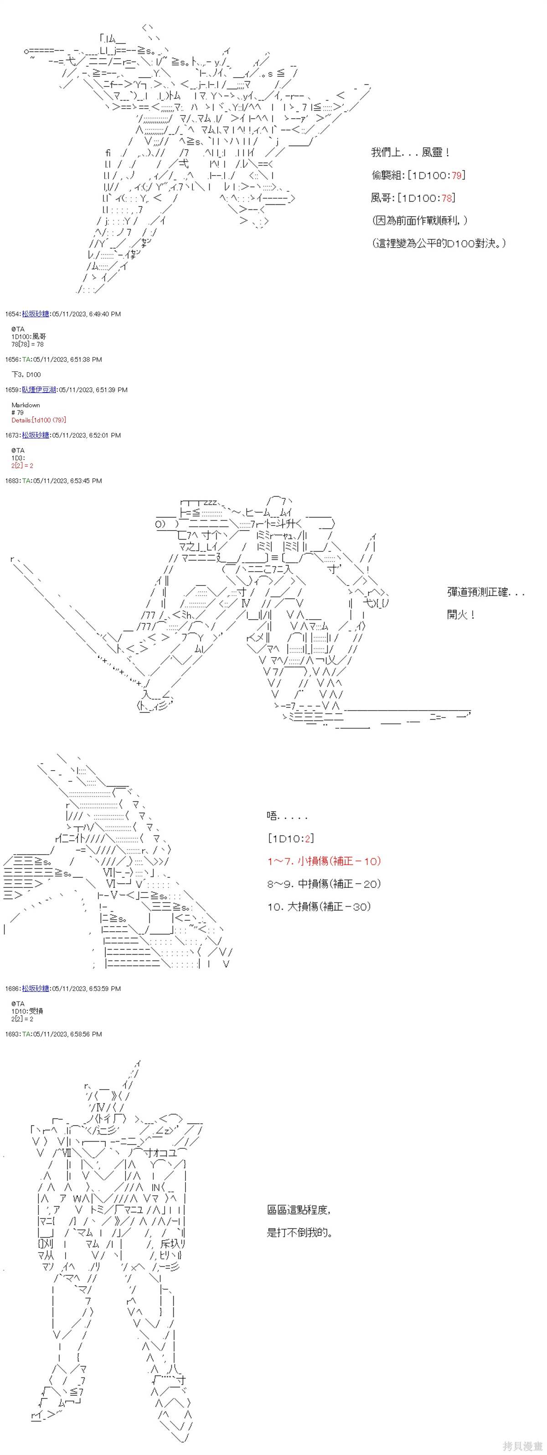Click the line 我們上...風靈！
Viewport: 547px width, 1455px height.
click(x=410, y=152)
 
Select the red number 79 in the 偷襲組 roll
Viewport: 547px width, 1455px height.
click(x=457, y=175)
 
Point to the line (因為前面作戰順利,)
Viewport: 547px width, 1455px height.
click(x=419, y=220)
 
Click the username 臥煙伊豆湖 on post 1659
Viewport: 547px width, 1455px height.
click(x=39, y=390)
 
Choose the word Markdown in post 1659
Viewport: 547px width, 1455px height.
click(x=26, y=405)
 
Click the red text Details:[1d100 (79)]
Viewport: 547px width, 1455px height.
click(x=38, y=420)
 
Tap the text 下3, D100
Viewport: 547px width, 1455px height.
click(x=26, y=375)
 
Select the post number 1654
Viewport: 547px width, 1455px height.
click(x=12, y=314)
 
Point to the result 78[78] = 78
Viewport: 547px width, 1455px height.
click(x=27, y=344)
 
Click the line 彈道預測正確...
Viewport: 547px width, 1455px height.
click(x=485, y=592)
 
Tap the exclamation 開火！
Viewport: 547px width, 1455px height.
click(x=461, y=615)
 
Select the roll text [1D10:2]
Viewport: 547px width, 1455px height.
click(x=291, y=839)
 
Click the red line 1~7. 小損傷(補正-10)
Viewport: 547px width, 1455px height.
click(x=324, y=861)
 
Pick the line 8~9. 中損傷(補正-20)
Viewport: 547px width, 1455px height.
click(x=324, y=884)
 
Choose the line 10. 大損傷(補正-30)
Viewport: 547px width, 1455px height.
click(x=319, y=907)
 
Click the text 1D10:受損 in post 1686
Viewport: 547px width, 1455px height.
click(x=26, y=1011)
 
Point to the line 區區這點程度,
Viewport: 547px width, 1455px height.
click(x=299, y=1210)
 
